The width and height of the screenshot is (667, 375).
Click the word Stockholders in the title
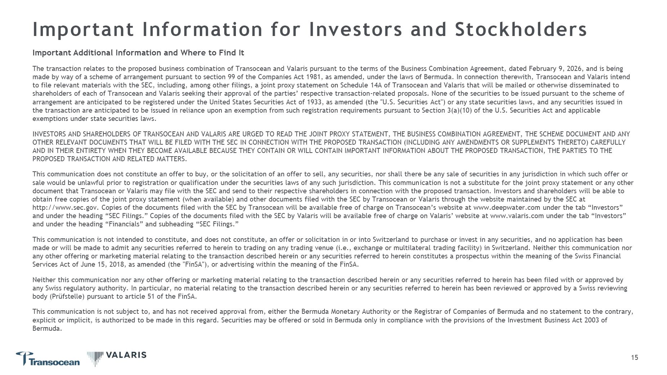521,30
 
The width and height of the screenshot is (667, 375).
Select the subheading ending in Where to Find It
138,53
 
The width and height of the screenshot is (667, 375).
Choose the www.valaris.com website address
517,216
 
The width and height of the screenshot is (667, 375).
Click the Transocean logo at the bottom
48,359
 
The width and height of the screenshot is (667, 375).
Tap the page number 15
634,357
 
